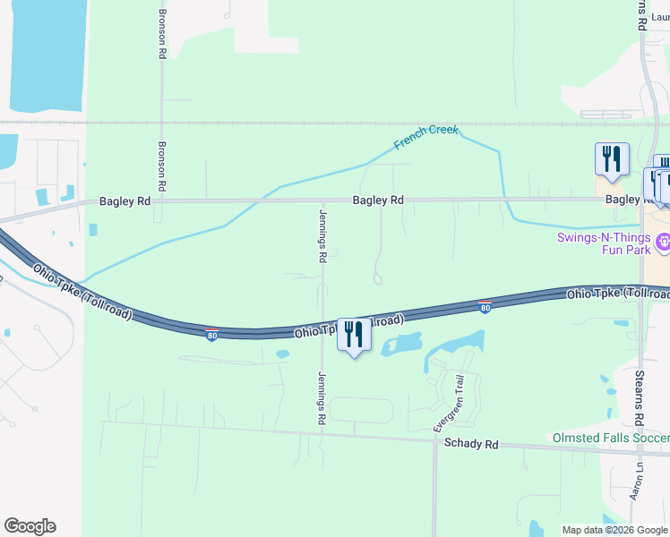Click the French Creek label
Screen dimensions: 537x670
click(426, 137)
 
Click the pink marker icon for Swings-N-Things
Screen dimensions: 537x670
click(662, 242)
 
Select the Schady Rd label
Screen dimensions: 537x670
click(471, 443)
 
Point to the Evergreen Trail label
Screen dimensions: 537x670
click(450, 403)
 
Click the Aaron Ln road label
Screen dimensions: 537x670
click(637, 482)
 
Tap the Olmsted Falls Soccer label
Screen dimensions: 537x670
click(609, 438)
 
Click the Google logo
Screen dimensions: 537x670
click(30, 526)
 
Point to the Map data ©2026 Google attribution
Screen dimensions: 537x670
click(614, 530)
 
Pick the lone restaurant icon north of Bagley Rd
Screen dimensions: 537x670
click(612, 158)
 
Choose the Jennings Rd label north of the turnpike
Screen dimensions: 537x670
click(322, 236)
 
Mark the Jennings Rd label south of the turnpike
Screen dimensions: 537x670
click(321, 397)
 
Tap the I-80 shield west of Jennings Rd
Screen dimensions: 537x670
click(211, 334)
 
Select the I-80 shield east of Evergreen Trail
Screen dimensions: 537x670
click(485, 308)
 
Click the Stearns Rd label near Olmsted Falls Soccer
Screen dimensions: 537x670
click(640, 397)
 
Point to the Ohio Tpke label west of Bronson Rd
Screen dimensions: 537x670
click(82, 291)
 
